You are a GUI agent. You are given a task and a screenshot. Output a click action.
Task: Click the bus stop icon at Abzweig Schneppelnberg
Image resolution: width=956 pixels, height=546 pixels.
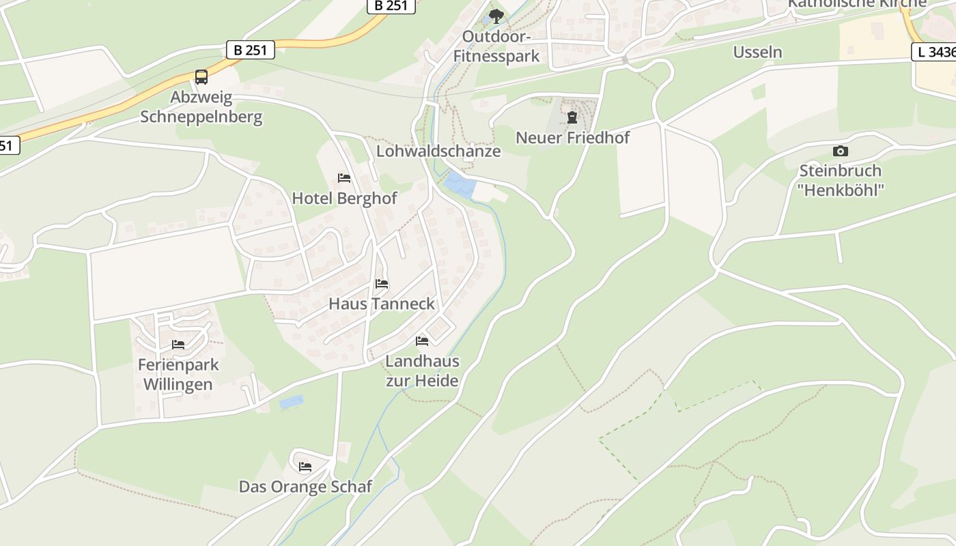[x=201, y=77]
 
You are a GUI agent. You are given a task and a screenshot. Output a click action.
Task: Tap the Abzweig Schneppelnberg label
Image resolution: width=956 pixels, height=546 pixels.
[x=201, y=107]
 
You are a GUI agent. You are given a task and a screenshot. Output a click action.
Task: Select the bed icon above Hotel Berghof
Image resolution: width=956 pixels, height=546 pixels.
[x=344, y=178]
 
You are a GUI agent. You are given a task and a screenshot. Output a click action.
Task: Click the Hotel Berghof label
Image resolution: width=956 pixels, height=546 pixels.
[x=344, y=199]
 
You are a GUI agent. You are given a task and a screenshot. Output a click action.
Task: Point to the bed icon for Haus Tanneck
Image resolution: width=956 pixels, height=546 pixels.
[x=382, y=283]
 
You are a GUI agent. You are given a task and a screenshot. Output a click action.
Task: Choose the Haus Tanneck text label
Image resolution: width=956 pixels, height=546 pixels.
[x=382, y=304]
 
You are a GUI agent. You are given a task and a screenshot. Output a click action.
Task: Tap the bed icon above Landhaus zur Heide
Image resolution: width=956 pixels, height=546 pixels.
[x=422, y=341]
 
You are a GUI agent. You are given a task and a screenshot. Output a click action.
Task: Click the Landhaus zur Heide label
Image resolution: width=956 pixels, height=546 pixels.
[x=422, y=371]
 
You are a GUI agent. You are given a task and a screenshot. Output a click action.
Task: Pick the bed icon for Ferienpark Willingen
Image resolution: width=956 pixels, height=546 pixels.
[x=178, y=345]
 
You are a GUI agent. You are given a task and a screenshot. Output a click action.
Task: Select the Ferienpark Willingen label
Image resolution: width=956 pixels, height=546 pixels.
[x=178, y=374]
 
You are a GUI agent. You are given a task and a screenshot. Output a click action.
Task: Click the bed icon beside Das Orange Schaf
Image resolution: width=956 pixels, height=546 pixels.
[x=305, y=467]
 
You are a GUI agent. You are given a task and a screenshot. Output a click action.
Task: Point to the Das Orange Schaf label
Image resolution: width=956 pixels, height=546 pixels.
[x=305, y=487]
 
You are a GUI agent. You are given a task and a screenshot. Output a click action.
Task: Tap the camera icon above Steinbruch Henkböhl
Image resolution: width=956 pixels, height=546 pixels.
[x=840, y=151]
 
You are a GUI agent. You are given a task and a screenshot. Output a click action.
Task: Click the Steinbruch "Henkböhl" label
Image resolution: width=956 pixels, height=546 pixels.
[x=840, y=180]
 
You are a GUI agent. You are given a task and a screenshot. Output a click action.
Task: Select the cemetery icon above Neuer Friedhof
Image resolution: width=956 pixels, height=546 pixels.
[x=572, y=117]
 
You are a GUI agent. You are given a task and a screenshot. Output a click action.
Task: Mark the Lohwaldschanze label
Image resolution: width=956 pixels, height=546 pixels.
[x=438, y=152]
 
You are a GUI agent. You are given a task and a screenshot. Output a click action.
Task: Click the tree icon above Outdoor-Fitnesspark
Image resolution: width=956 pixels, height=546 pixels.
[x=496, y=16]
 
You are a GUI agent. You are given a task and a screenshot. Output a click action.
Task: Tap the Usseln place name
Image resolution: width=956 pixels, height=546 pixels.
[x=757, y=53]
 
